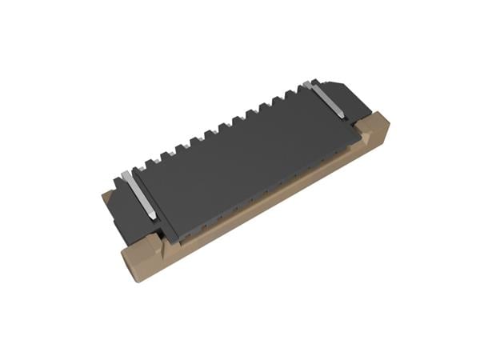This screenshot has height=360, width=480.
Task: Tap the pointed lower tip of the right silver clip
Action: coord(342,117)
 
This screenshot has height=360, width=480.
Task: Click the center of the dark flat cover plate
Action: coord(240,152)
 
